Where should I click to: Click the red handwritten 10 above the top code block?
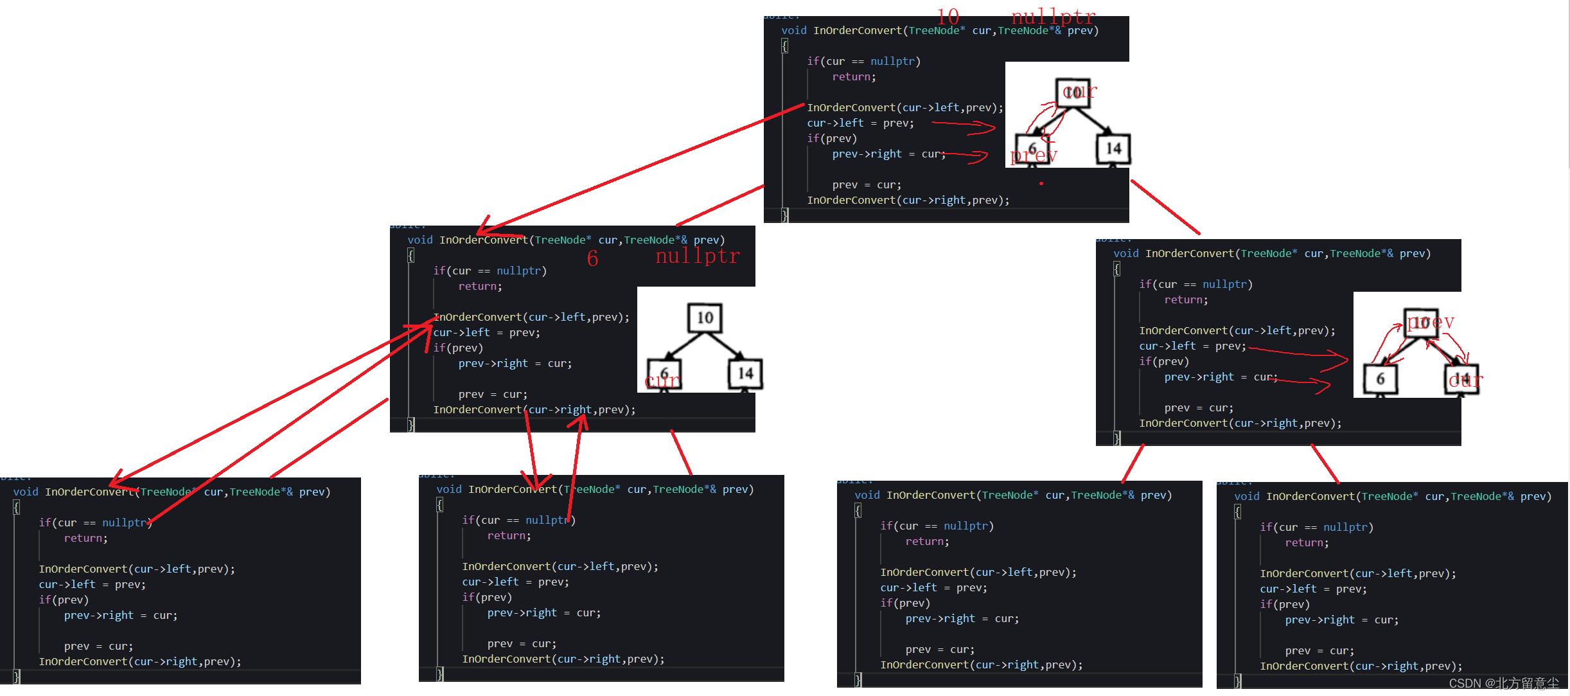tap(948, 16)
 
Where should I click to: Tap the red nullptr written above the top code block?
tap(1054, 16)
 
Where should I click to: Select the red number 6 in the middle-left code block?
tap(592, 258)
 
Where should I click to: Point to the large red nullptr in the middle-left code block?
tap(698, 256)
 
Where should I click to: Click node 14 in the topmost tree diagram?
tap(1113, 148)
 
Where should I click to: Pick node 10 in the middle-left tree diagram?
tap(705, 317)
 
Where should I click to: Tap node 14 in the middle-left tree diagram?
tap(745, 373)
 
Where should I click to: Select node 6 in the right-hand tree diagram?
tap(1380, 379)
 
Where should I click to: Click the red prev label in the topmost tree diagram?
tap(1034, 156)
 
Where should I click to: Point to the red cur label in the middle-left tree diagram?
tap(662, 382)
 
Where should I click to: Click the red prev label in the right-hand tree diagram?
tap(1431, 321)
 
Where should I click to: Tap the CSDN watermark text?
tap(1503, 683)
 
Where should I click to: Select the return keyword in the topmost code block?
tap(854, 77)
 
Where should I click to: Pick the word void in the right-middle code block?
tap(1125, 254)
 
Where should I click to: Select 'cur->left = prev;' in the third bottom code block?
tap(933, 587)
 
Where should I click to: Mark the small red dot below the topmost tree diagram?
tap(1041, 184)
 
